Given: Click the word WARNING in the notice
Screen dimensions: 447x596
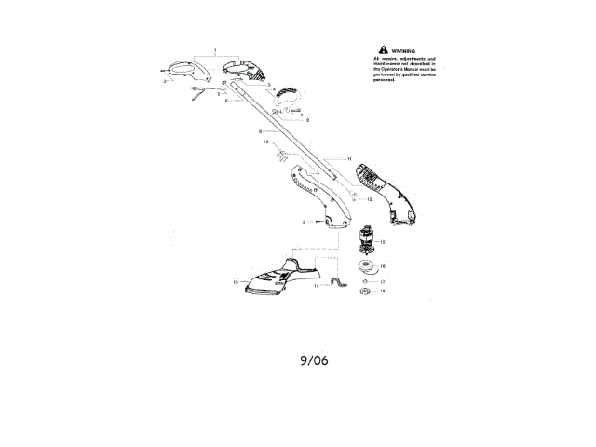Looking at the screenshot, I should (x=404, y=50).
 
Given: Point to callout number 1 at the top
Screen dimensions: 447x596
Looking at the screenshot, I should (x=214, y=48).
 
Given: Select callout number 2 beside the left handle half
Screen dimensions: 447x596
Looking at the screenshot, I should (x=164, y=82).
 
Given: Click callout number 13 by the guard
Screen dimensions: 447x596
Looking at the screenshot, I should (x=235, y=280).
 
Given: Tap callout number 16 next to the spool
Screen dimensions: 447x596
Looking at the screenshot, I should (x=383, y=266).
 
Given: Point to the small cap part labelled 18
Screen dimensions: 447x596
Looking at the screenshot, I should (x=366, y=291).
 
